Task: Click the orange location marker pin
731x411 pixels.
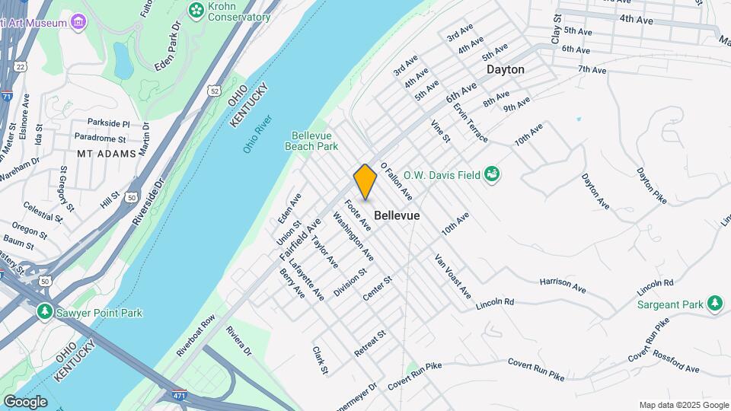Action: [365, 181]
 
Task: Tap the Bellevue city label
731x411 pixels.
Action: [397, 216]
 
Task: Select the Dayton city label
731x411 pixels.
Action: [506, 69]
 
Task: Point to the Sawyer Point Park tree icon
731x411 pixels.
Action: [46, 312]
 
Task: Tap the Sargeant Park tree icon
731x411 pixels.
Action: [714, 304]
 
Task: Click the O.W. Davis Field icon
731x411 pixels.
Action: [493, 175]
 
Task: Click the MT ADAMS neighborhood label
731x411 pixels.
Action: [106, 153]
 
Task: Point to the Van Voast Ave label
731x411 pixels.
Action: [452, 276]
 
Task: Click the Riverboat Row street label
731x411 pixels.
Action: [196, 336]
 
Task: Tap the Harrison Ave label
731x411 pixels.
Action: [562, 286]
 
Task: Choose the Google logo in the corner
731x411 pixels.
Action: [24, 402]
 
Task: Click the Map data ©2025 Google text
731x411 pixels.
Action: [683, 405]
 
